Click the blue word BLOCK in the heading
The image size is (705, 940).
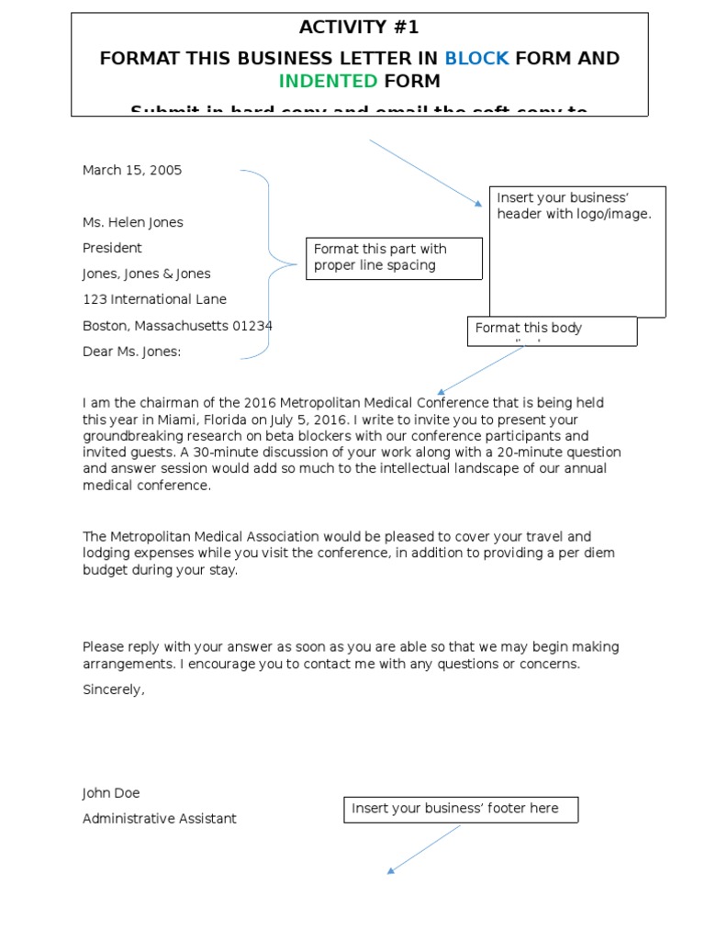476,59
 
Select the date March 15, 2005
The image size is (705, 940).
132,170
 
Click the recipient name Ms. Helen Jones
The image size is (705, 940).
133,222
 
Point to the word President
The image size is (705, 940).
112,248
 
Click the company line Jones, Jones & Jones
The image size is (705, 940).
146,274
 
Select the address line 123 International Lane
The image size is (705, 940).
154,299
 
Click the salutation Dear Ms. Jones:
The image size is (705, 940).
131,352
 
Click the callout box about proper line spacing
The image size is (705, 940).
394,258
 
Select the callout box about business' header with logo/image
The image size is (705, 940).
576,251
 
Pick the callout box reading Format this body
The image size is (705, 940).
552,331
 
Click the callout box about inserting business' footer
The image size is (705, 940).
461,809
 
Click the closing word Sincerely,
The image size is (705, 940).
114,689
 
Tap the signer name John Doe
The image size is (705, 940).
111,793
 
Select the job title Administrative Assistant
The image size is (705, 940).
159,819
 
